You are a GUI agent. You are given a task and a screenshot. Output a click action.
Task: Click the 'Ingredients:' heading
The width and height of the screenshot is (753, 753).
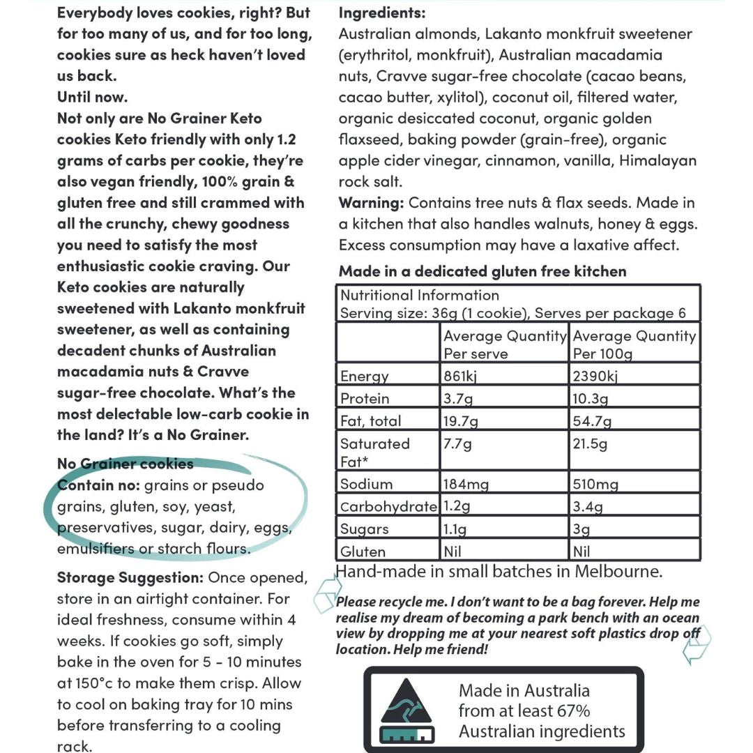tap(382, 13)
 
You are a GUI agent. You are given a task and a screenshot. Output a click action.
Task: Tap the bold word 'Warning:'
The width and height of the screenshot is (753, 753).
tap(371, 203)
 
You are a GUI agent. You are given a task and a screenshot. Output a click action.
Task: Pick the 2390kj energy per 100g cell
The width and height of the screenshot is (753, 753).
tap(595, 376)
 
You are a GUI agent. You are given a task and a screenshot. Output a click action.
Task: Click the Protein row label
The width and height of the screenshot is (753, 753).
tap(365, 399)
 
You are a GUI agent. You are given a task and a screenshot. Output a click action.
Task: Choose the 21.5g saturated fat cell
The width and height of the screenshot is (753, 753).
tap(590, 444)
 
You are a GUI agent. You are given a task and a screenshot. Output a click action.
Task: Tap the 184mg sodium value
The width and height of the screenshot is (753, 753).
tap(466, 484)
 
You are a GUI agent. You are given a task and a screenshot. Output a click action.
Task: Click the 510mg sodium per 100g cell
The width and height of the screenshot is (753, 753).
tap(595, 484)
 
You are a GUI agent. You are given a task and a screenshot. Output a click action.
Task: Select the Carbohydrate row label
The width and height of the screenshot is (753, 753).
tap(388, 506)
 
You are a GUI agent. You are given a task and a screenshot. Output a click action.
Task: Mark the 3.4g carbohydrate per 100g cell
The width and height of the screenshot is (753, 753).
tap(588, 506)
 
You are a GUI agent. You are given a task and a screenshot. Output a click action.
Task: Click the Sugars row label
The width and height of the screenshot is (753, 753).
tap(365, 529)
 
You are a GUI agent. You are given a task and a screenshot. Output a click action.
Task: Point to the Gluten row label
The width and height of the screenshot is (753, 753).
tap(363, 552)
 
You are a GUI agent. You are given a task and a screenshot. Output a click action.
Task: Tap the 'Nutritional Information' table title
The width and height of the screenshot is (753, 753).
tap(419, 295)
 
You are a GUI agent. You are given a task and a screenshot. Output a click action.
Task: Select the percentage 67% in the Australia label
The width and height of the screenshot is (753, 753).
tap(572, 711)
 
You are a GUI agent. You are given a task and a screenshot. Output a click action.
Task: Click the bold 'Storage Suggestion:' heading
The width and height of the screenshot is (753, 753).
tap(130, 577)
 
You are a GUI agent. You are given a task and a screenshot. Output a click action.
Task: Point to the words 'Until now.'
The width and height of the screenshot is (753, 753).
tap(92, 97)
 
